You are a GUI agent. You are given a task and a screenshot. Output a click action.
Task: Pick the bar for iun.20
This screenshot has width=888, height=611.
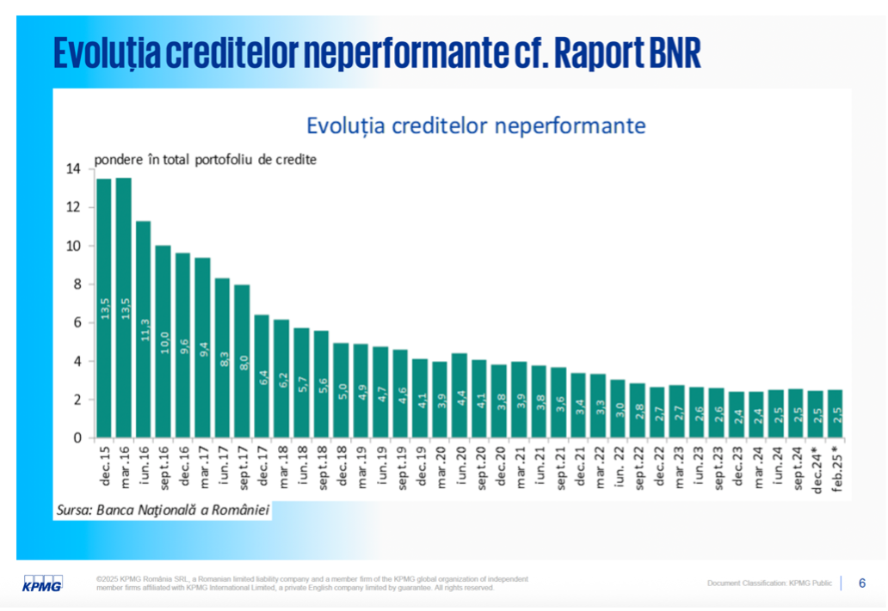click(x=459, y=395)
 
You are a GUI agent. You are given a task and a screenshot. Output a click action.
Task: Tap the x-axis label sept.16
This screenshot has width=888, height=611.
click(x=163, y=469)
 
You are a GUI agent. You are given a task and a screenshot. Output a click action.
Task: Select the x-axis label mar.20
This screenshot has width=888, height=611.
click(x=440, y=467)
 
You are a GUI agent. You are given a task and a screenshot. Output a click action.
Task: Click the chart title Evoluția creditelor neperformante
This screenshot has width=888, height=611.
click(x=476, y=125)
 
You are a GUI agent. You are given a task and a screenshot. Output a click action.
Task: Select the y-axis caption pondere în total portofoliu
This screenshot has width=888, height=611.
click(x=205, y=159)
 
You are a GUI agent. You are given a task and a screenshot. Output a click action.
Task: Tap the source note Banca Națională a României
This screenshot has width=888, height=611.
click(x=163, y=510)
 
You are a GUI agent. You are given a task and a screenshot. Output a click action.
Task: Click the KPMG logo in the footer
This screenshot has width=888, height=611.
click(x=42, y=584)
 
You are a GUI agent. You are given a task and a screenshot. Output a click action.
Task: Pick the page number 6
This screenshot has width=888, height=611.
click(x=862, y=584)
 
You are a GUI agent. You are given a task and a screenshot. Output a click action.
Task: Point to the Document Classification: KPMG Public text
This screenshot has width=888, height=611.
click(x=769, y=584)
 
